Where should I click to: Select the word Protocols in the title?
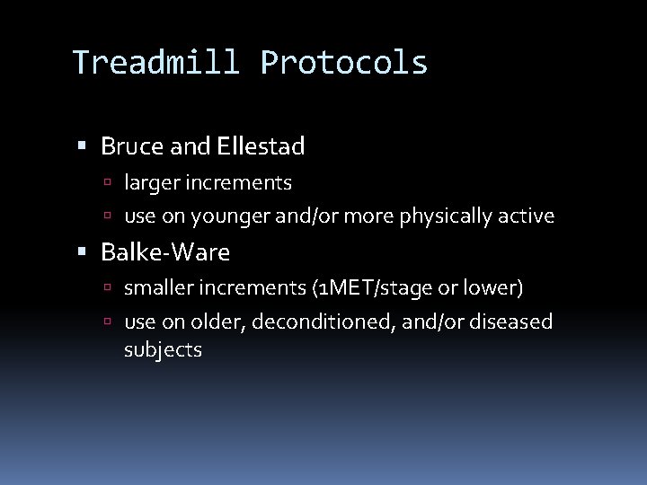point(344,63)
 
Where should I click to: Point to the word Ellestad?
point(260,145)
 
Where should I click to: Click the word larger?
point(151,183)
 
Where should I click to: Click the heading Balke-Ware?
point(165,253)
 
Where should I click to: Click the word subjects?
point(163,350)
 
